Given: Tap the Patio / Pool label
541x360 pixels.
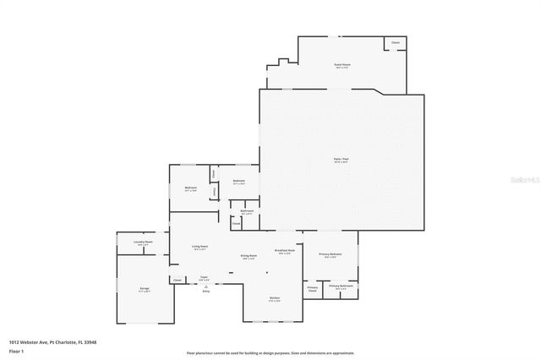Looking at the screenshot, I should click(x=342, y=159).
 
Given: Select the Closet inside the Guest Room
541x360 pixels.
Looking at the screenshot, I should click(x=395, y=42).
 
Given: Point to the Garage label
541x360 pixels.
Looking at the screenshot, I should click(x=145, y=289).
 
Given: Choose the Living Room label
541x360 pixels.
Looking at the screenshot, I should click(x=199, y=247).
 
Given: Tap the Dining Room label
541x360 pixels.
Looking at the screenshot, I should click(x=249, y=256).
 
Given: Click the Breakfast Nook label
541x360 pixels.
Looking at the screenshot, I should click(x=285, y=251).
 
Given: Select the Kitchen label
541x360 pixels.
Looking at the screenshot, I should click(x=275, y=297).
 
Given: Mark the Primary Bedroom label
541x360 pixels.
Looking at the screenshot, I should click(x=331, y=255).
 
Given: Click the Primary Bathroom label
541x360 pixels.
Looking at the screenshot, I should click(x=341, y=286).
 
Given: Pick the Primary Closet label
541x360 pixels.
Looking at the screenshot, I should click(x=312, y=289).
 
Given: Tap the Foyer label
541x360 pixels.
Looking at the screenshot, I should click(x=204, y=277).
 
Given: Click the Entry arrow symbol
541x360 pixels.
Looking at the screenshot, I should click(x=205, y=286).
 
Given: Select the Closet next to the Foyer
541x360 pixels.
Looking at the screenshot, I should click(x=178, y=280).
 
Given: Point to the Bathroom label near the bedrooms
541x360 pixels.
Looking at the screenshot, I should click(x=247, y=212).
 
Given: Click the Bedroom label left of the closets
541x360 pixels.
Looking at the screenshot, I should click(x=191, y=188).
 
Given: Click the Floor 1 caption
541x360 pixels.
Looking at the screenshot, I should click(x=15, y=350).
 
